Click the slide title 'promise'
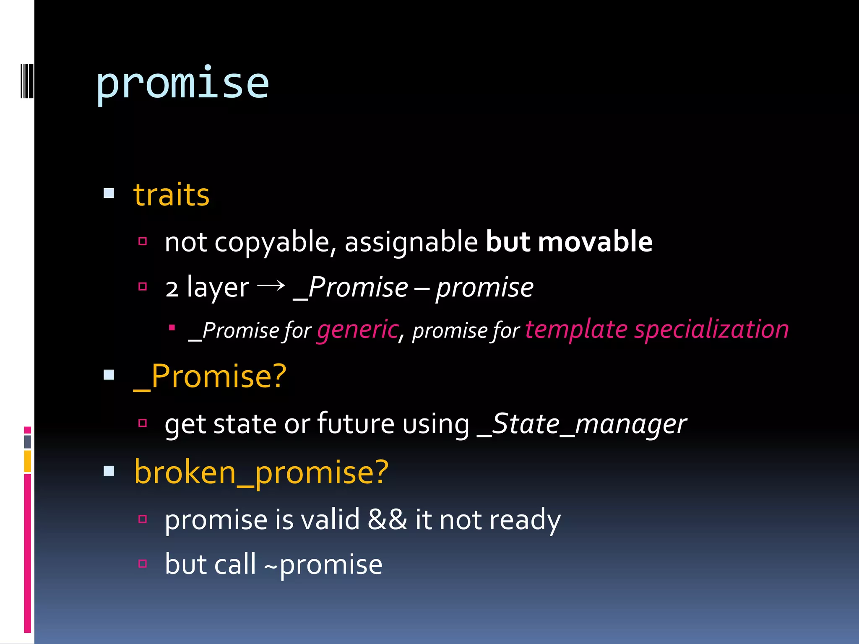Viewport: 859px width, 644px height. [x=182, y=84]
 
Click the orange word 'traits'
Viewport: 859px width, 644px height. [x=171, y=195]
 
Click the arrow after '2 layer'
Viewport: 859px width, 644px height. [x=271, y=286]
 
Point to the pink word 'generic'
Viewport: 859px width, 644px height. [x=357, y=330]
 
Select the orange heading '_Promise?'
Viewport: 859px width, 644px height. [x=210, y=377]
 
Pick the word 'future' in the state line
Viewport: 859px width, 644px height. [x=356, y=423]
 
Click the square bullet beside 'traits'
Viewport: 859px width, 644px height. [x=109, y=193]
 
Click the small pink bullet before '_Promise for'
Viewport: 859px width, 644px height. [x=172, y=327]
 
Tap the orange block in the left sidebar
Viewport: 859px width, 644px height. [x=27, y=461]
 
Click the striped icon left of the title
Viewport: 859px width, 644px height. [x=26, y=80]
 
